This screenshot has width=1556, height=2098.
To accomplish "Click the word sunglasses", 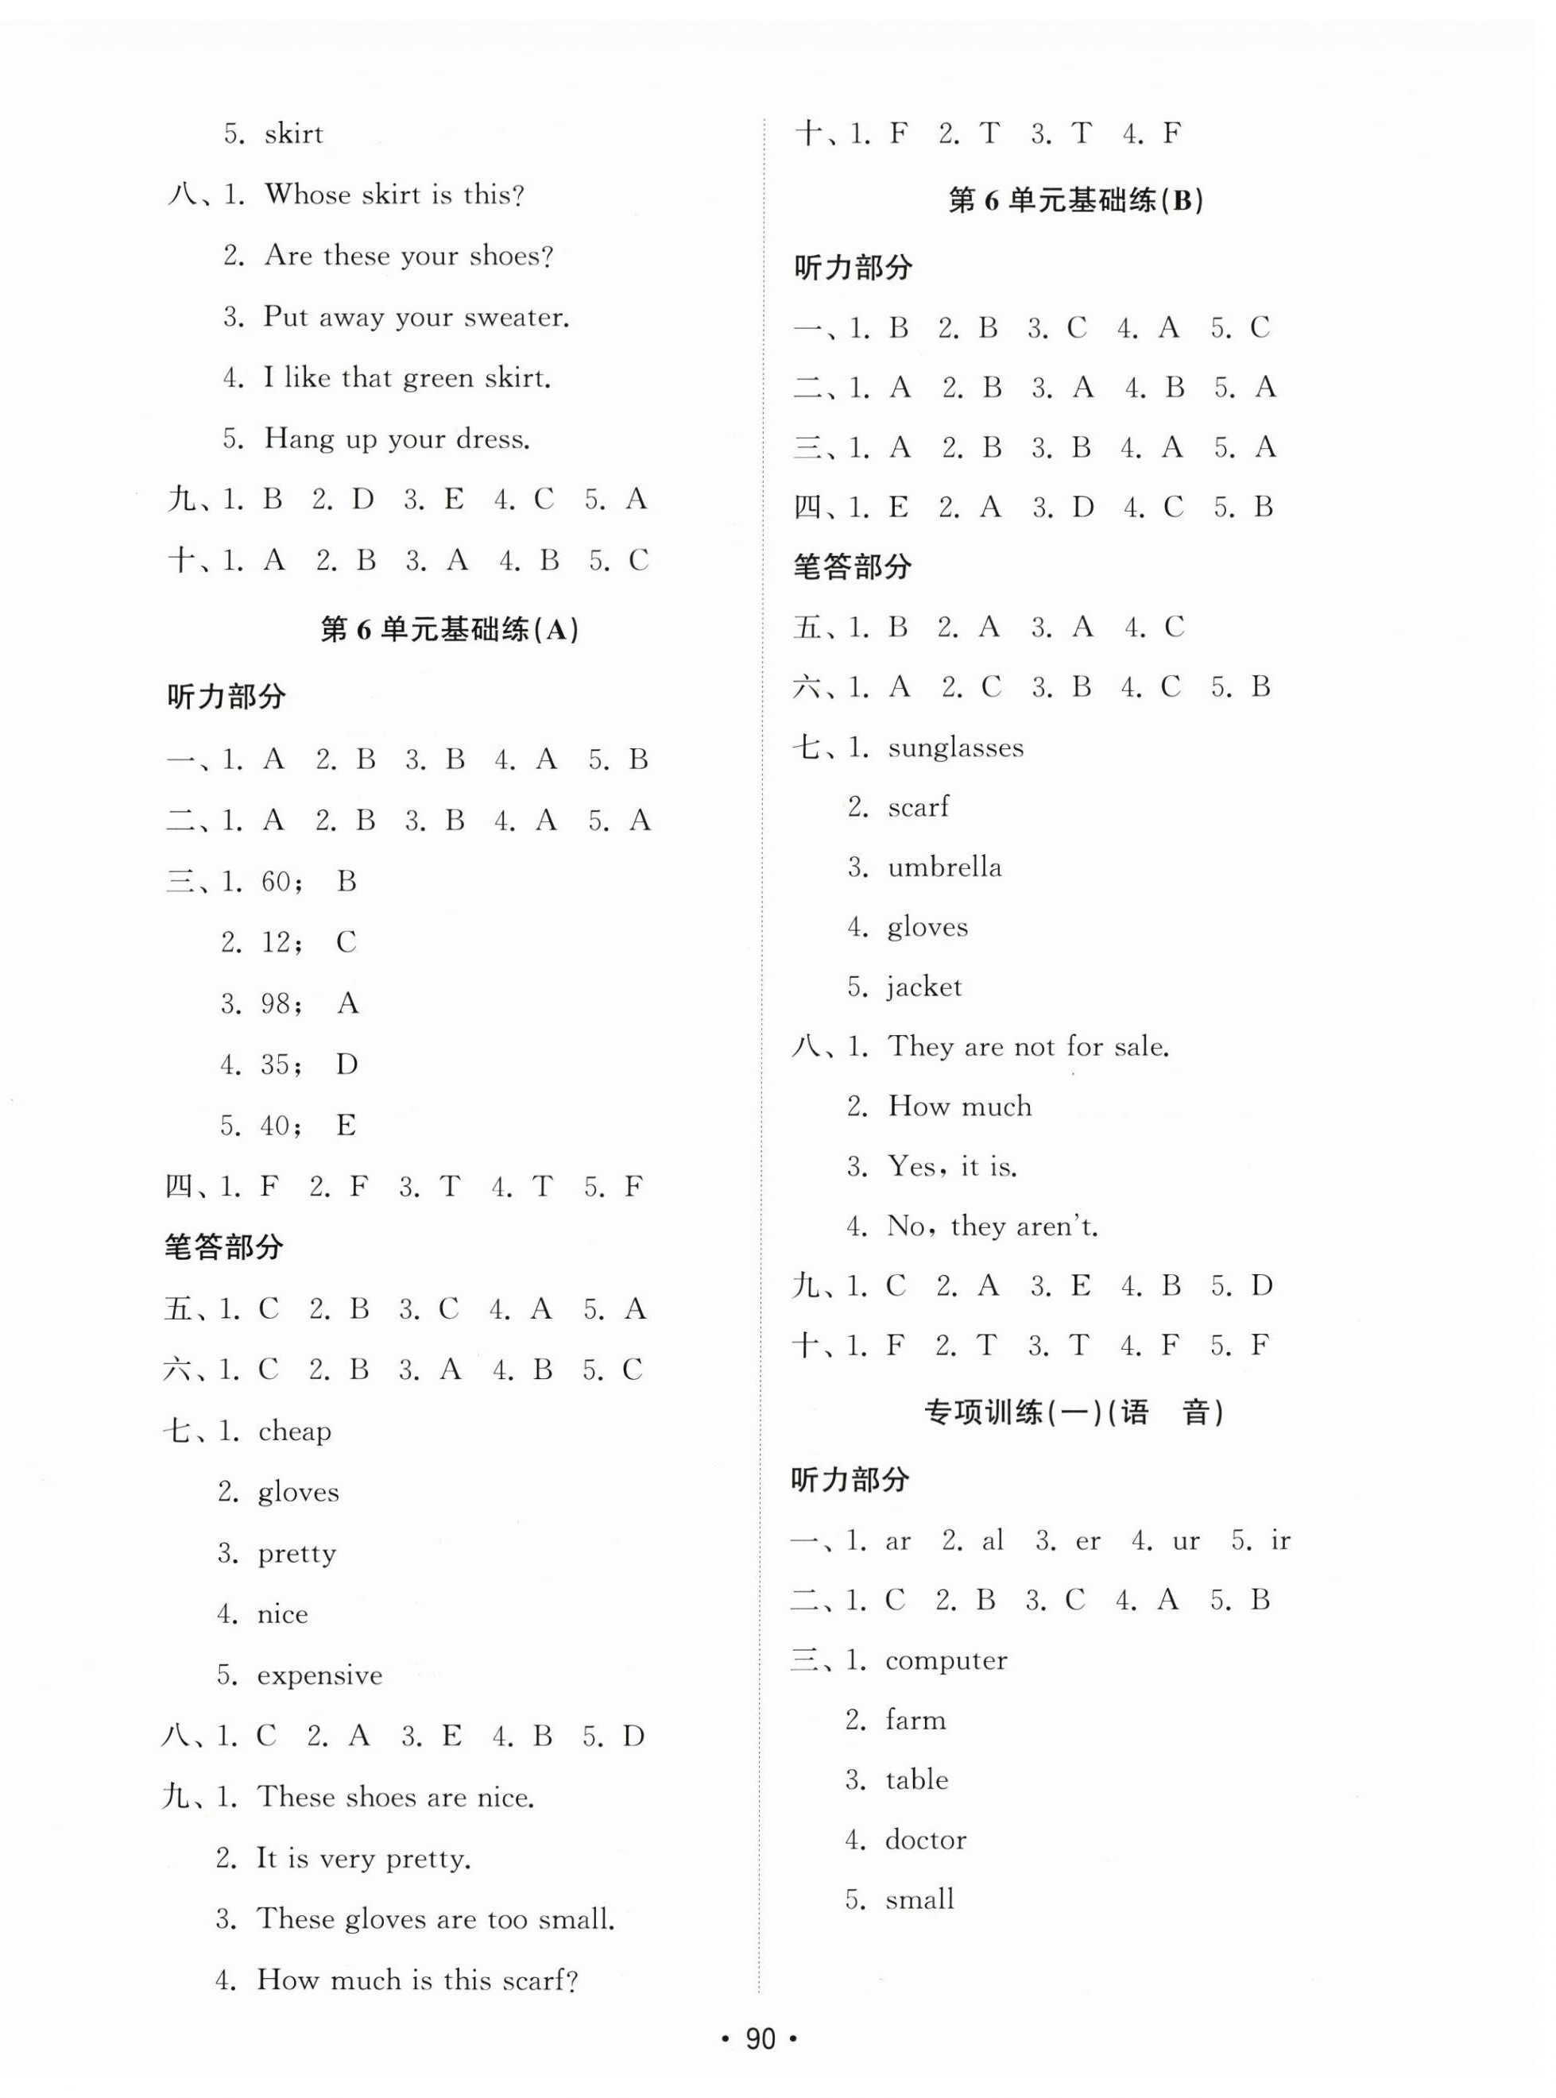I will (955, 748).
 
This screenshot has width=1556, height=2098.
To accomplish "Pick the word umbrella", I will (944, 867).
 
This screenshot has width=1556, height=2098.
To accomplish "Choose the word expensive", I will (319, 1675).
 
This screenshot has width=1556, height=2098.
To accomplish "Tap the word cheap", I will (294, 1432).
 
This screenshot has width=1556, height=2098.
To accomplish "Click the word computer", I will (946, 1660).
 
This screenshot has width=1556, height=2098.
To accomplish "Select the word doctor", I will (925, 1839).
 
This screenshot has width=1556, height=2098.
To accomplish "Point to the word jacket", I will (924, 987).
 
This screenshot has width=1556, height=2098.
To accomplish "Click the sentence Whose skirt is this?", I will (393, 195).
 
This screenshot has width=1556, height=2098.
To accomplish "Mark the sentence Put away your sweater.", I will (416, 317).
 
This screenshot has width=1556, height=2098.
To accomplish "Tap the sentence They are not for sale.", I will (1028, 1046).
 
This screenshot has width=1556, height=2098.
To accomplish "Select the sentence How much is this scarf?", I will (416, 1980).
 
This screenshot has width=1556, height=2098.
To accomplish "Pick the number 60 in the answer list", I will (276, 882).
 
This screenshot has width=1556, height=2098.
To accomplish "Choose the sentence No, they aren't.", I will (992, 1226).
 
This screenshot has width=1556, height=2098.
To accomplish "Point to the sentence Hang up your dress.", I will (397, 439).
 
